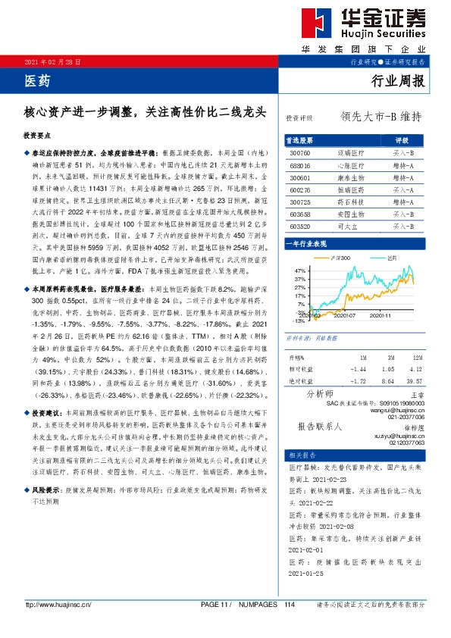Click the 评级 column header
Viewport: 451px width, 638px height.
(402, 140)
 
